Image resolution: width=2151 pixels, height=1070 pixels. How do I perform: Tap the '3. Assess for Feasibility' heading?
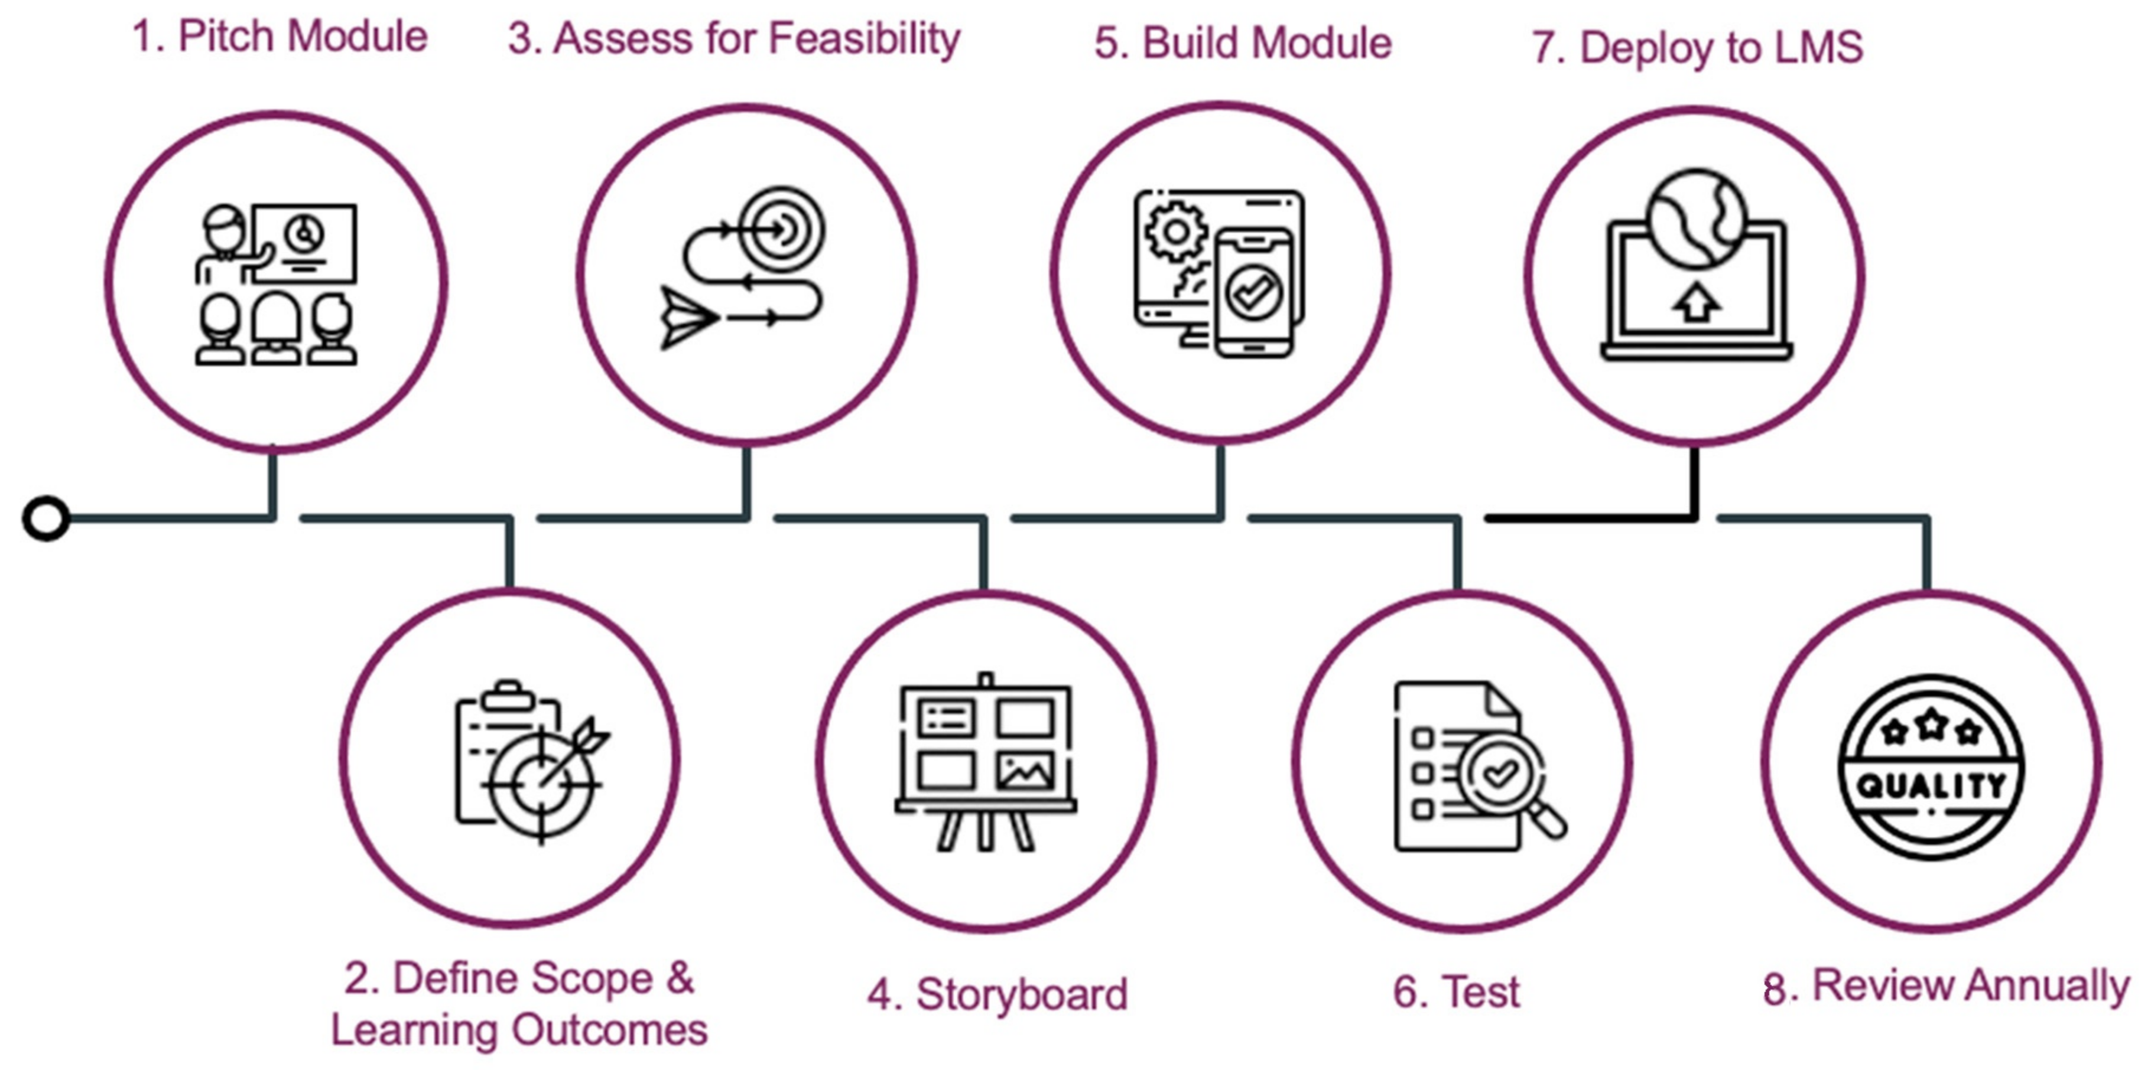(x=734, y=39)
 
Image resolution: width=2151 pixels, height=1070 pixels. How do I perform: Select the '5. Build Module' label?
(x=1243, y=43)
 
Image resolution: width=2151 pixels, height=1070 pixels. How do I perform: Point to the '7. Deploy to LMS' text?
(x=1697, y=47)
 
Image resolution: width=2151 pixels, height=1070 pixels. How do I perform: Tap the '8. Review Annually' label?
(x=1945, y=987)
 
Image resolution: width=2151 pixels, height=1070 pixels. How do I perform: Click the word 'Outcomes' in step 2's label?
(x=610, y=1030)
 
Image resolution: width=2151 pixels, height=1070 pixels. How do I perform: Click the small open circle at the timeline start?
(x=46, y=518)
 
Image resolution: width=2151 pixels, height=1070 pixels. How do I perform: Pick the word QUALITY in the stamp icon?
(x=1930, y=785)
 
